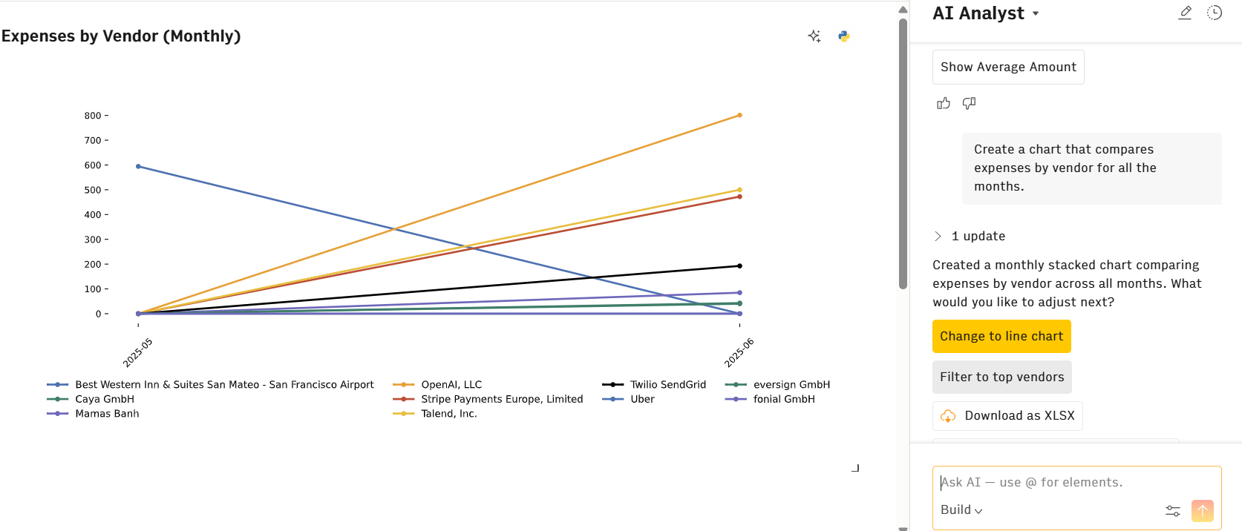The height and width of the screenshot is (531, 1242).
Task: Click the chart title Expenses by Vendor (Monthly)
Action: [121, 36]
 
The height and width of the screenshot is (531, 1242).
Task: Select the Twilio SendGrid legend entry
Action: [667, 384]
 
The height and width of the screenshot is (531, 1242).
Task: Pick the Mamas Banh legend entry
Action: [107, 413]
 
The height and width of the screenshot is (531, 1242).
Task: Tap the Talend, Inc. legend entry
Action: [448, 413]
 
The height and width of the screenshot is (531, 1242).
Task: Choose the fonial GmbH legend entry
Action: [783, 399]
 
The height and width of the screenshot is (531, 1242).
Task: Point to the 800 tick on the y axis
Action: [93, 116]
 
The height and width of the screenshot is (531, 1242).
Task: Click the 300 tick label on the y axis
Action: [93, 240]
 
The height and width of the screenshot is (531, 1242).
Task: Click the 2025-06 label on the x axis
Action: [739, 352]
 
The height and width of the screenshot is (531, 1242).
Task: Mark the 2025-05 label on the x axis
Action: [138, 352]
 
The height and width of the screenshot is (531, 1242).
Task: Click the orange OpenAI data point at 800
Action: [739, 116]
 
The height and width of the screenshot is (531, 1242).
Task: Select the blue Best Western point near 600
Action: [138, 166]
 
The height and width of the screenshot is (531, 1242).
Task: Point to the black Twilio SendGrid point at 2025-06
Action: [739, 265]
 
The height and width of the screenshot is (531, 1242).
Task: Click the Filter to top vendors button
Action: [1001, 377]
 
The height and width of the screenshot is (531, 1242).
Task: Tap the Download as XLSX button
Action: [1007, 416]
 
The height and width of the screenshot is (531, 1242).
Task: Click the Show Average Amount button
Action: [1008, 67]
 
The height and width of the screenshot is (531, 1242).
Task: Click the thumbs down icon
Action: [969, 103]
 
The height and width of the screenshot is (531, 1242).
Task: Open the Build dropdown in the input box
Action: [961, 509]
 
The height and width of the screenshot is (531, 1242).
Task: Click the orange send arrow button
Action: [1202, 510]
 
